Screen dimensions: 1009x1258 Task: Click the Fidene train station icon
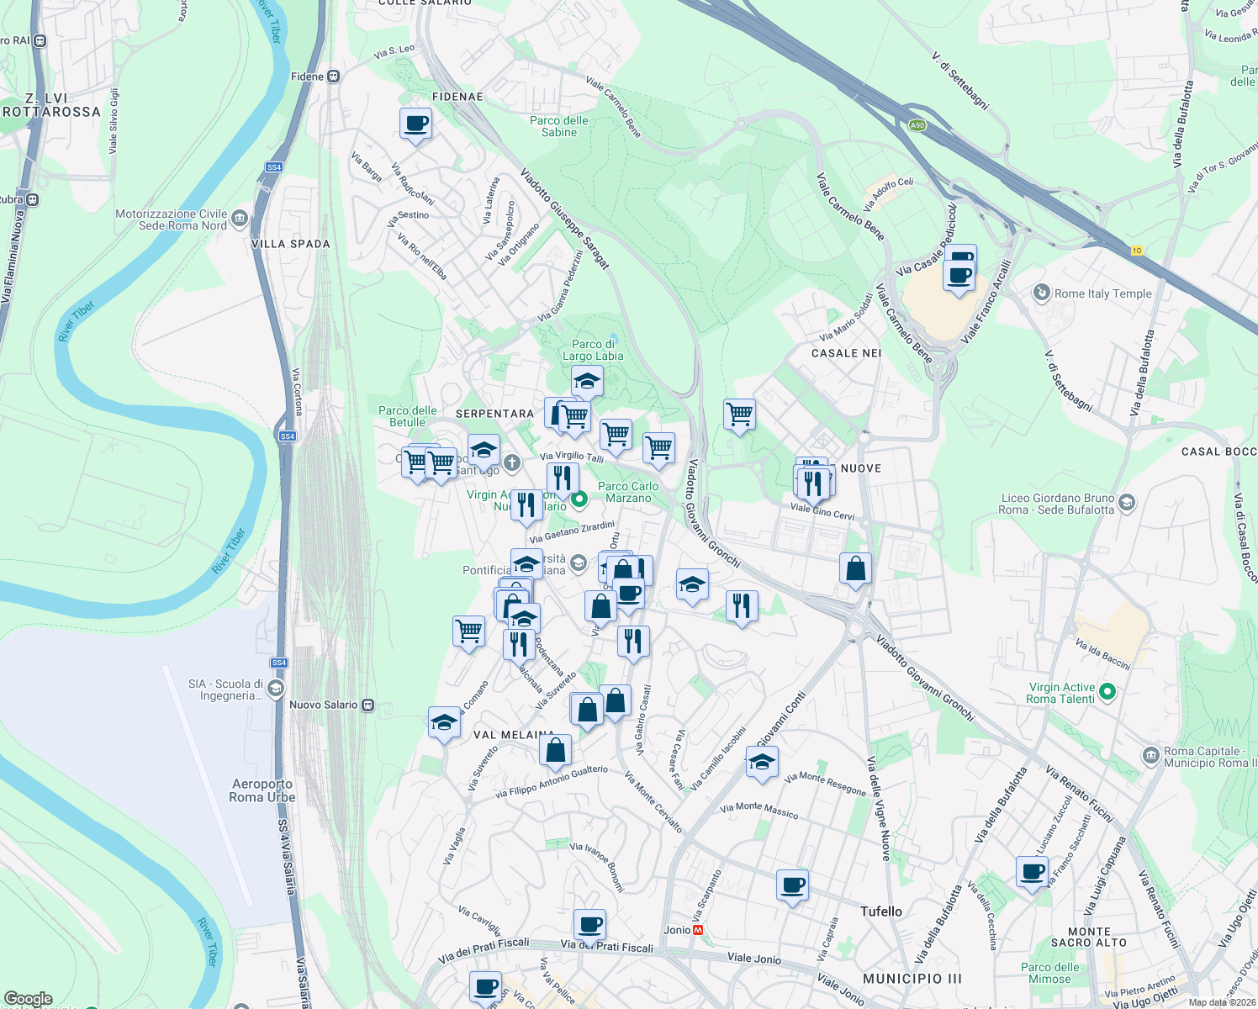[x=334, y=77]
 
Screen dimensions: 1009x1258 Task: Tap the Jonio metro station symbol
[x=697, y=930]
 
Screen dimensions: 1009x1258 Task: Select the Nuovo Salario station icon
[x=367, y=705]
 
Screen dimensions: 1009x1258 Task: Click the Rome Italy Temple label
[x=1102, y=293]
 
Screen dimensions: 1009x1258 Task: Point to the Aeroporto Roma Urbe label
[x=262, y=790]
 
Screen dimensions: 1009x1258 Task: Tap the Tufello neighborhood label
[x=880, y=911]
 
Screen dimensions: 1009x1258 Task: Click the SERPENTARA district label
[x=494, y=414]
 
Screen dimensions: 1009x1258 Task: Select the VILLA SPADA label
[x=291, y=244]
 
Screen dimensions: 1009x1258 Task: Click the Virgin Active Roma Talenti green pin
[x=1107, y=692]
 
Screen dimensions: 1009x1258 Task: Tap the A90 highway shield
[x=917, y=125]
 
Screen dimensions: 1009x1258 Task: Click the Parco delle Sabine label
[x=559, y=126]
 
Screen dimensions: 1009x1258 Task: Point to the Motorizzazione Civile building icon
[x=240, y=219]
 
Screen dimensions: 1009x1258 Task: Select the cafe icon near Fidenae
[x=416, y=124]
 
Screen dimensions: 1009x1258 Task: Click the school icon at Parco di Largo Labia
[x=587, y=381]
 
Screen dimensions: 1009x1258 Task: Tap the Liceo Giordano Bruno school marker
[x=1127, y=503]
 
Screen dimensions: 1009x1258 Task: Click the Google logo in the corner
[x=28, y=999]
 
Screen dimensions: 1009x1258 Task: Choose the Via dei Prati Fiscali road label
[x=484, y=949]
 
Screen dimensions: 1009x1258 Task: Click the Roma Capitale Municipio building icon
[x=1150, y=755]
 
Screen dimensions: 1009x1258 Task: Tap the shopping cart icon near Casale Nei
[x=739, y=414]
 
